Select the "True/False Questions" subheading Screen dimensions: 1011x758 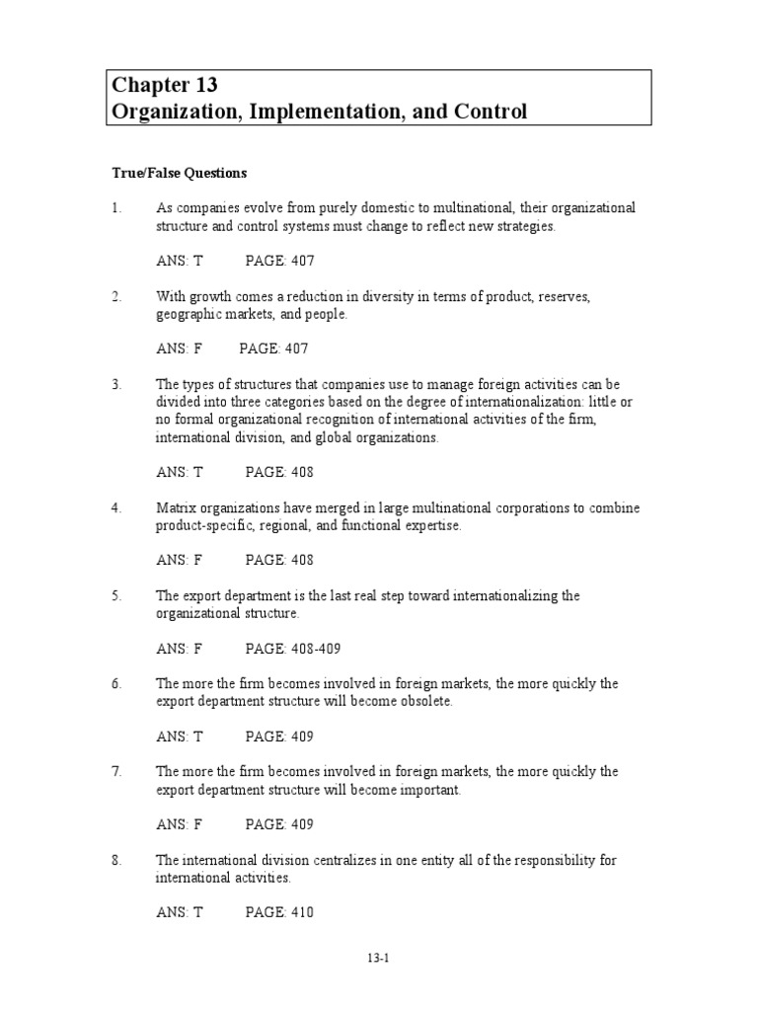(178, 173)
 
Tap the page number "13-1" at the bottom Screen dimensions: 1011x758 (379, 957)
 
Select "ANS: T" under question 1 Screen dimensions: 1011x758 (179, 261)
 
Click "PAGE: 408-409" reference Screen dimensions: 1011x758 (293, 649)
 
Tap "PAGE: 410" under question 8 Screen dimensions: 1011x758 (279, 912)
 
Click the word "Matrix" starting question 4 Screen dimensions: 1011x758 (176, 507)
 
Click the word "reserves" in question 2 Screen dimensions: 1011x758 (561, 296)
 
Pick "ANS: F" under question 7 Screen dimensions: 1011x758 (179, 824)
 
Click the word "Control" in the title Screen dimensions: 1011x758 (489, 111)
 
